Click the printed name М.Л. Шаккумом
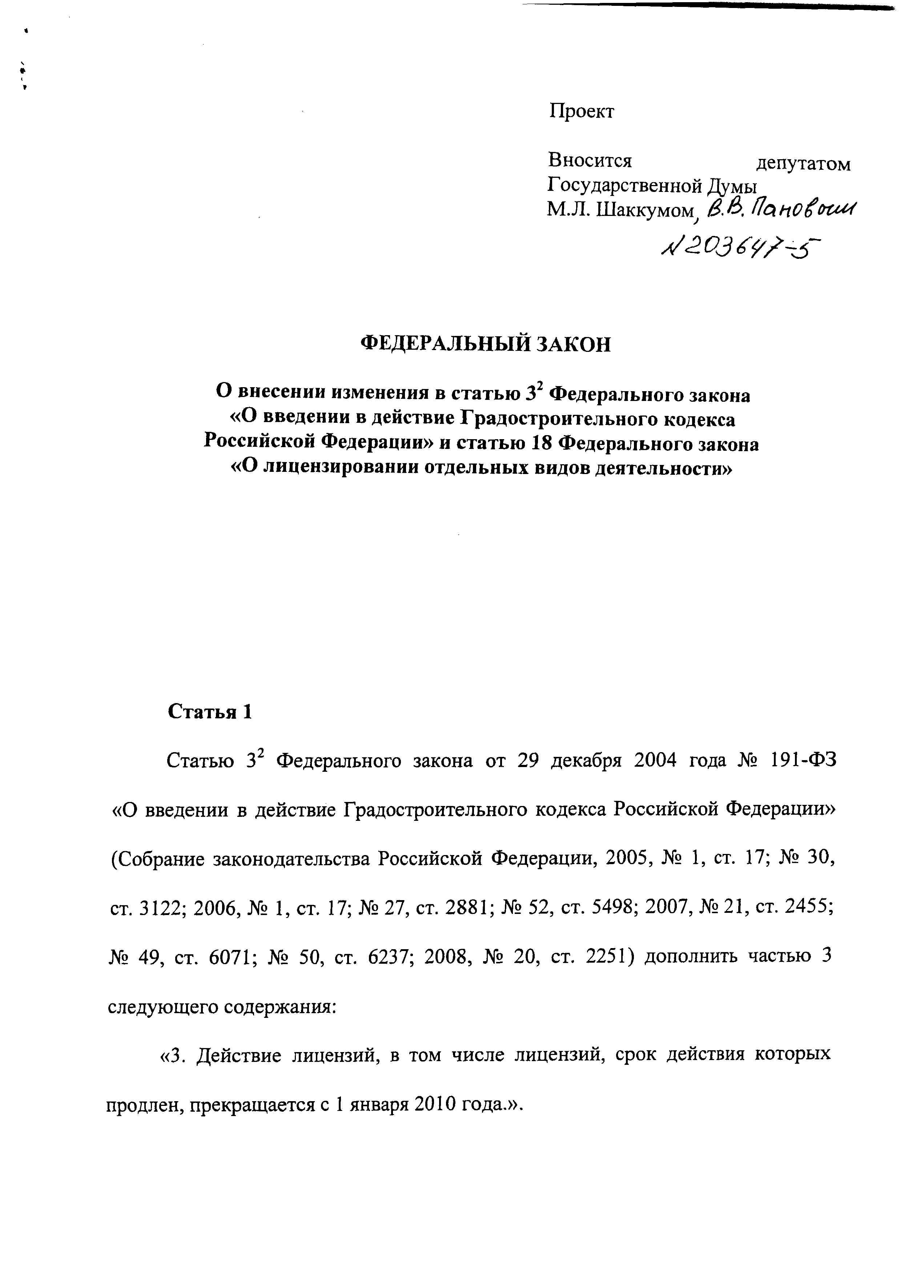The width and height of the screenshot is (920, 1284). (x=620, y=210)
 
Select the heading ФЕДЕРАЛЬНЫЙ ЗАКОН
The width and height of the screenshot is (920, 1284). (x=486, y=344)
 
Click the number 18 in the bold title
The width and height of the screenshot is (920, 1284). (x=541, y=444)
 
